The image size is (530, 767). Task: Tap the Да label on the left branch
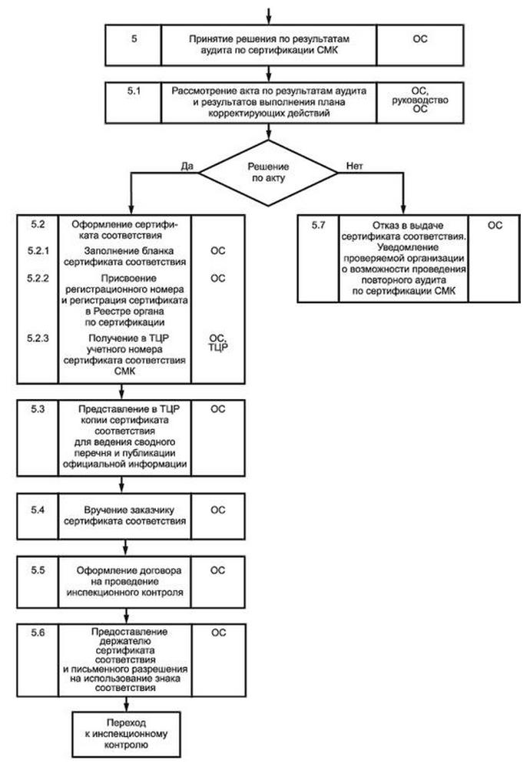pyautogui.click(x=185, y=166)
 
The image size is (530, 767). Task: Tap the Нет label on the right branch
pyautogui.click(x=355, y=166)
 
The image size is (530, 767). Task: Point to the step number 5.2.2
pyautogui.click(x=38, y=277)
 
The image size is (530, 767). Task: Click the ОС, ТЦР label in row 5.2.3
pyautogui.click(x=218, y=342)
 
